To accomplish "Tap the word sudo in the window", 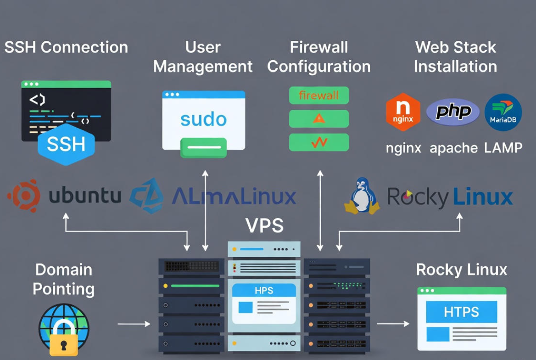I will (204, 119).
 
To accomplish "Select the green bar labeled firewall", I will (319, 96).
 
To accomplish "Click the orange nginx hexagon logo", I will (403, 112).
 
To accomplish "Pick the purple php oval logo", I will (453, 112).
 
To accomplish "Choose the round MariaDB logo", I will (503, 112).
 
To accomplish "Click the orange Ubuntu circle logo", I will (23, 196).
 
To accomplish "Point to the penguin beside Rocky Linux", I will (362, 197).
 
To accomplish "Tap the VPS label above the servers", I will (264, 225).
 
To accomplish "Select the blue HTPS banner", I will (461, 312).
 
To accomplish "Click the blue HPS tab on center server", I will (264, 290).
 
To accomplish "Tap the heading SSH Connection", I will (66, 47).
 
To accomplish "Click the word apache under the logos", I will (453, 148).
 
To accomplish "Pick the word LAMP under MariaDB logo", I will (503, 148).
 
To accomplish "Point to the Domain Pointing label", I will (63, 279).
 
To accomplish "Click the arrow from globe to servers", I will (134, 324).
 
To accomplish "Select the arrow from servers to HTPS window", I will (393, 324).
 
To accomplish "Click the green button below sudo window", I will (204, 148).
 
